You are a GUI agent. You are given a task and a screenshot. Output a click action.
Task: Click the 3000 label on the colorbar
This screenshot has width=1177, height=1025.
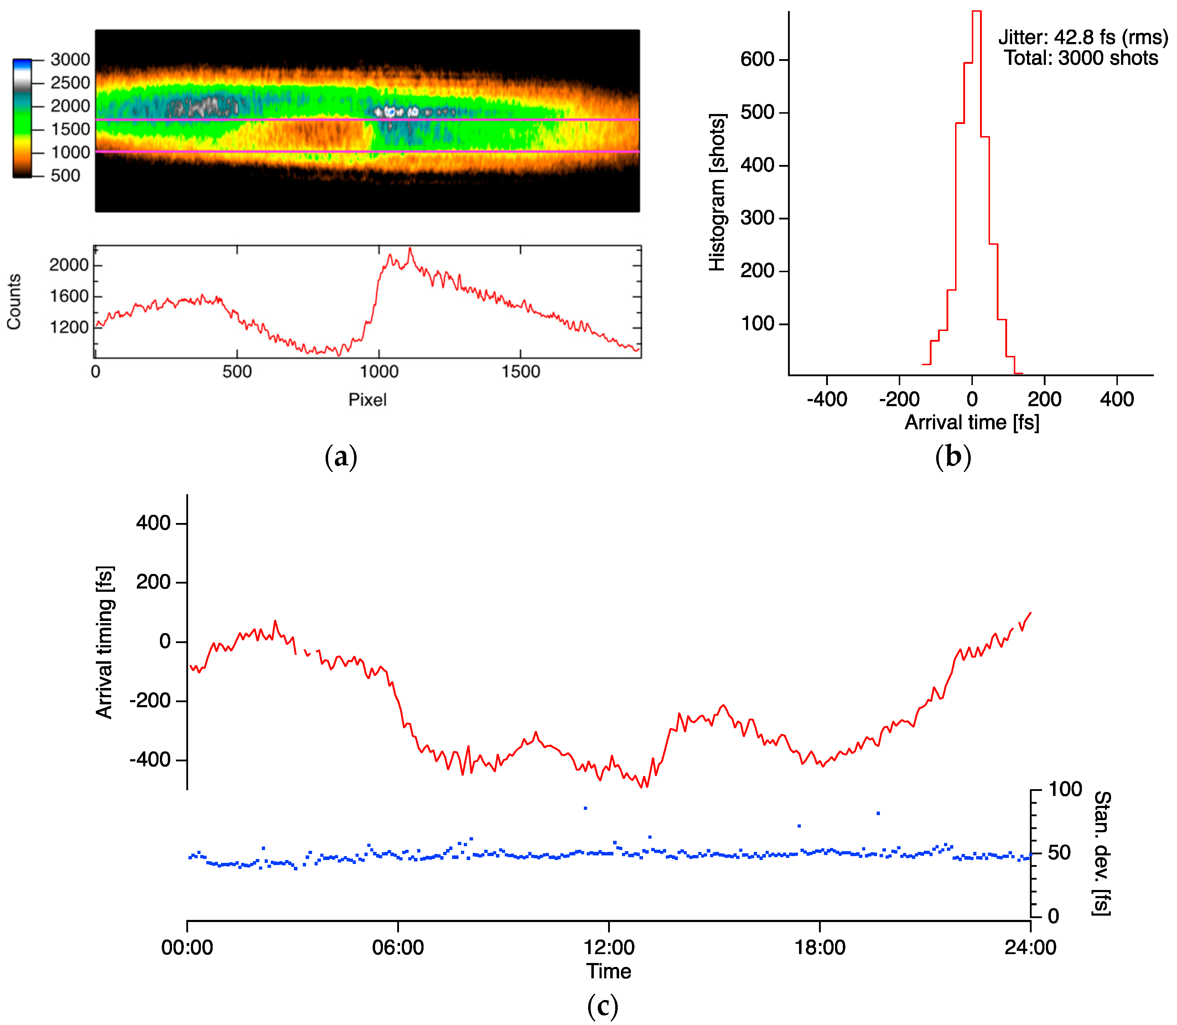[70, 59]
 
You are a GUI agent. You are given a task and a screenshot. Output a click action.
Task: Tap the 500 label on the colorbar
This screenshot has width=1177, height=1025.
[65, 176]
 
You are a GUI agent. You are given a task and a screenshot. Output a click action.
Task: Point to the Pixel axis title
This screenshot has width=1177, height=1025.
[367, 400]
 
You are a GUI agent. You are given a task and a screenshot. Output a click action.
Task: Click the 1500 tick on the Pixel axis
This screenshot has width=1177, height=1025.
[520, 372]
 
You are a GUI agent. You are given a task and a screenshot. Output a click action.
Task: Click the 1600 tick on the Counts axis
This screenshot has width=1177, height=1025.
[69, 296]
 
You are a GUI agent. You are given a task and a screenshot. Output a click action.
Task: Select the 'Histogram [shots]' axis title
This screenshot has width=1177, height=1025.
[717, 192]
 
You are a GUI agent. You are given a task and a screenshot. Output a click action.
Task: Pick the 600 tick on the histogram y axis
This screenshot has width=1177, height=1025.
[757, 59]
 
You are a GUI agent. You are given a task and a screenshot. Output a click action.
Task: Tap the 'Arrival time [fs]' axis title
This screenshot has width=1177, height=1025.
[972, 423]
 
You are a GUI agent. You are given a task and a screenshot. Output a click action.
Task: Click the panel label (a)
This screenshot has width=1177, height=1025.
[341, 457]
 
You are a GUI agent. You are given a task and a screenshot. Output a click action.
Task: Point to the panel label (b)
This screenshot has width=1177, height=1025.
[953, 457]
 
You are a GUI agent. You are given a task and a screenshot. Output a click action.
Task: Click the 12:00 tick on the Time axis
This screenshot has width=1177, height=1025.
[608, 948]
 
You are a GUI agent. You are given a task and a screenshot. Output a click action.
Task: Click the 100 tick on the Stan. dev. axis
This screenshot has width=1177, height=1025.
[1065, 790]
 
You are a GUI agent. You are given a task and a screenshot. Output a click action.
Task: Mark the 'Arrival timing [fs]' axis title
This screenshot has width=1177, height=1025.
[105, 642]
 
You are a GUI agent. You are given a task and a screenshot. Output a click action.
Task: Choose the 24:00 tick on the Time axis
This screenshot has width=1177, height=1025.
[1030, 948]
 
